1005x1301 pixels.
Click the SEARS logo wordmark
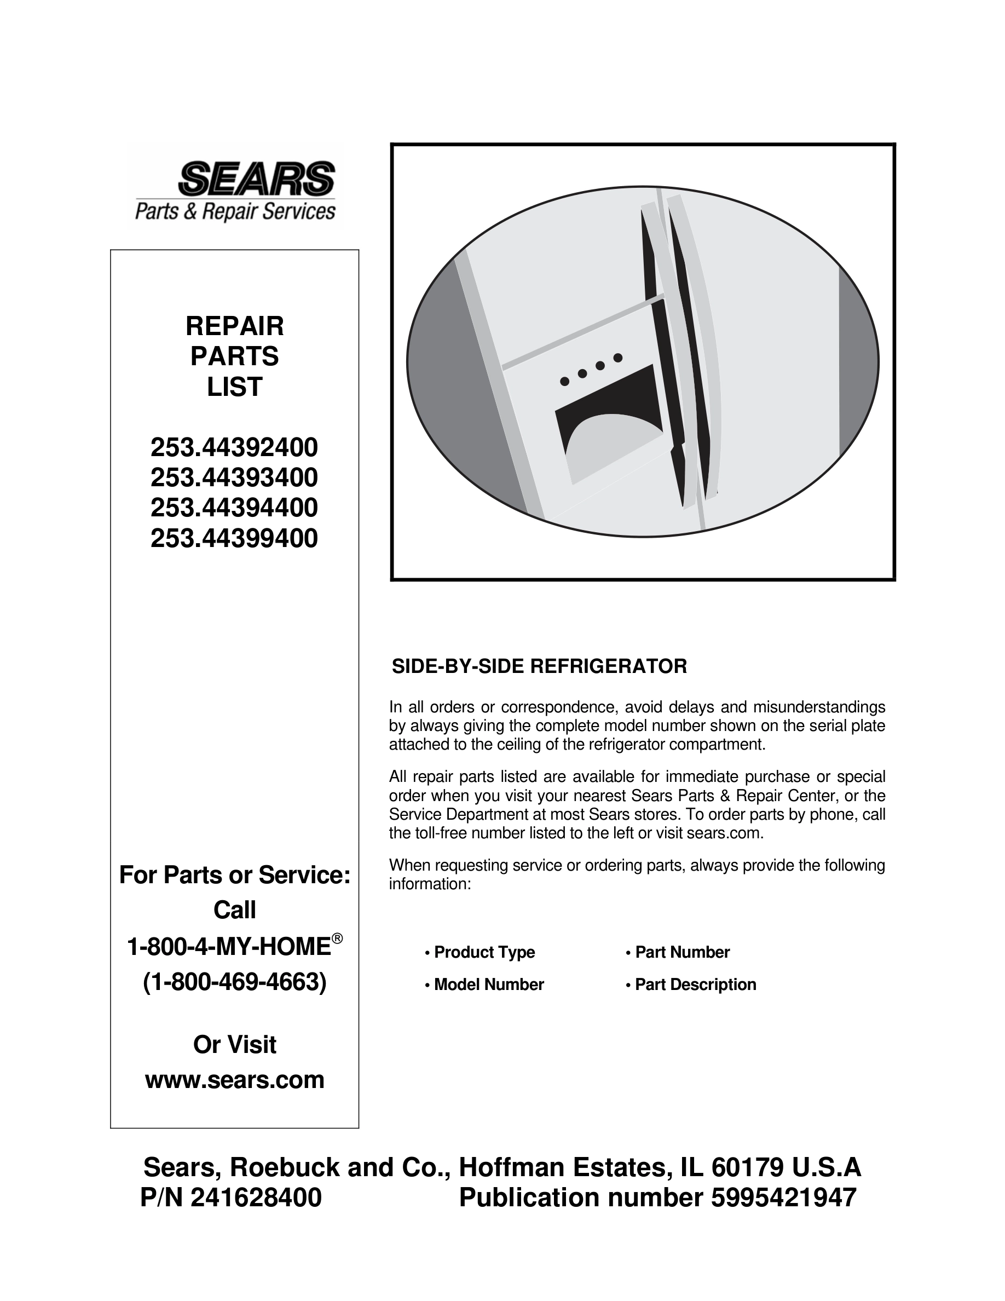click(x=257, y=178)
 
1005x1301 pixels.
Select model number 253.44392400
click(x=234, y=447)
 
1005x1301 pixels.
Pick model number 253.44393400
click(x=234, y=478)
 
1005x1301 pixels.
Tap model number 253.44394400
click(x=234, y=508)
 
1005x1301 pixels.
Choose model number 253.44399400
click(x=234, y=538)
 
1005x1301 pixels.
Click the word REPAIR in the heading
click(x=235, y=326)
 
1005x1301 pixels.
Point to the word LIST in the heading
click(x=235, y=387)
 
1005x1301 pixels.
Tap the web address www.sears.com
click(x=235, y=1079)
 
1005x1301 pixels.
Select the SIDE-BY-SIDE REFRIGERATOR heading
click(x=539, y=666)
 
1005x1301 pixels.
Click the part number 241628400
click(x=256, y=1198)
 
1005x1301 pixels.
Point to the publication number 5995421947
click(x=783, y=1198)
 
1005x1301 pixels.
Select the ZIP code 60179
click(x=747, y=1167)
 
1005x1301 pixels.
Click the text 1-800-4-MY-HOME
click(x=229, y=947)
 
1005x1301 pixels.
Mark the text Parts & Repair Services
click(x=235, y=211)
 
